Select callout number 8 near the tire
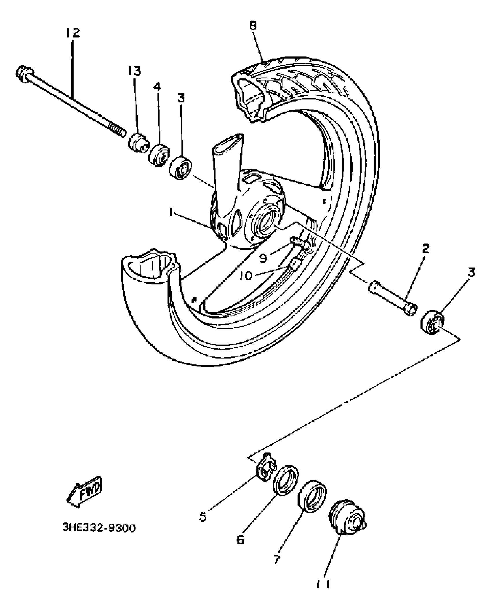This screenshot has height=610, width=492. click(x=253, y=26)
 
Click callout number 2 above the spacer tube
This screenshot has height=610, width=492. click(x=425, y=248)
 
